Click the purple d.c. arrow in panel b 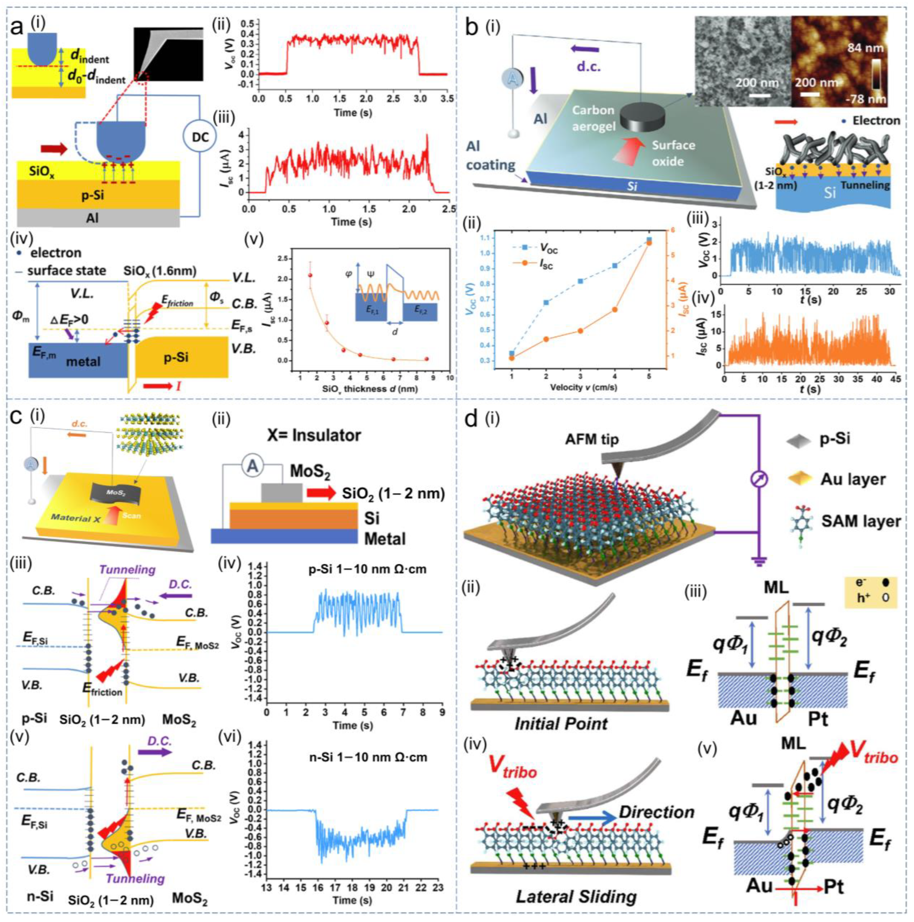[585, 48]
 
